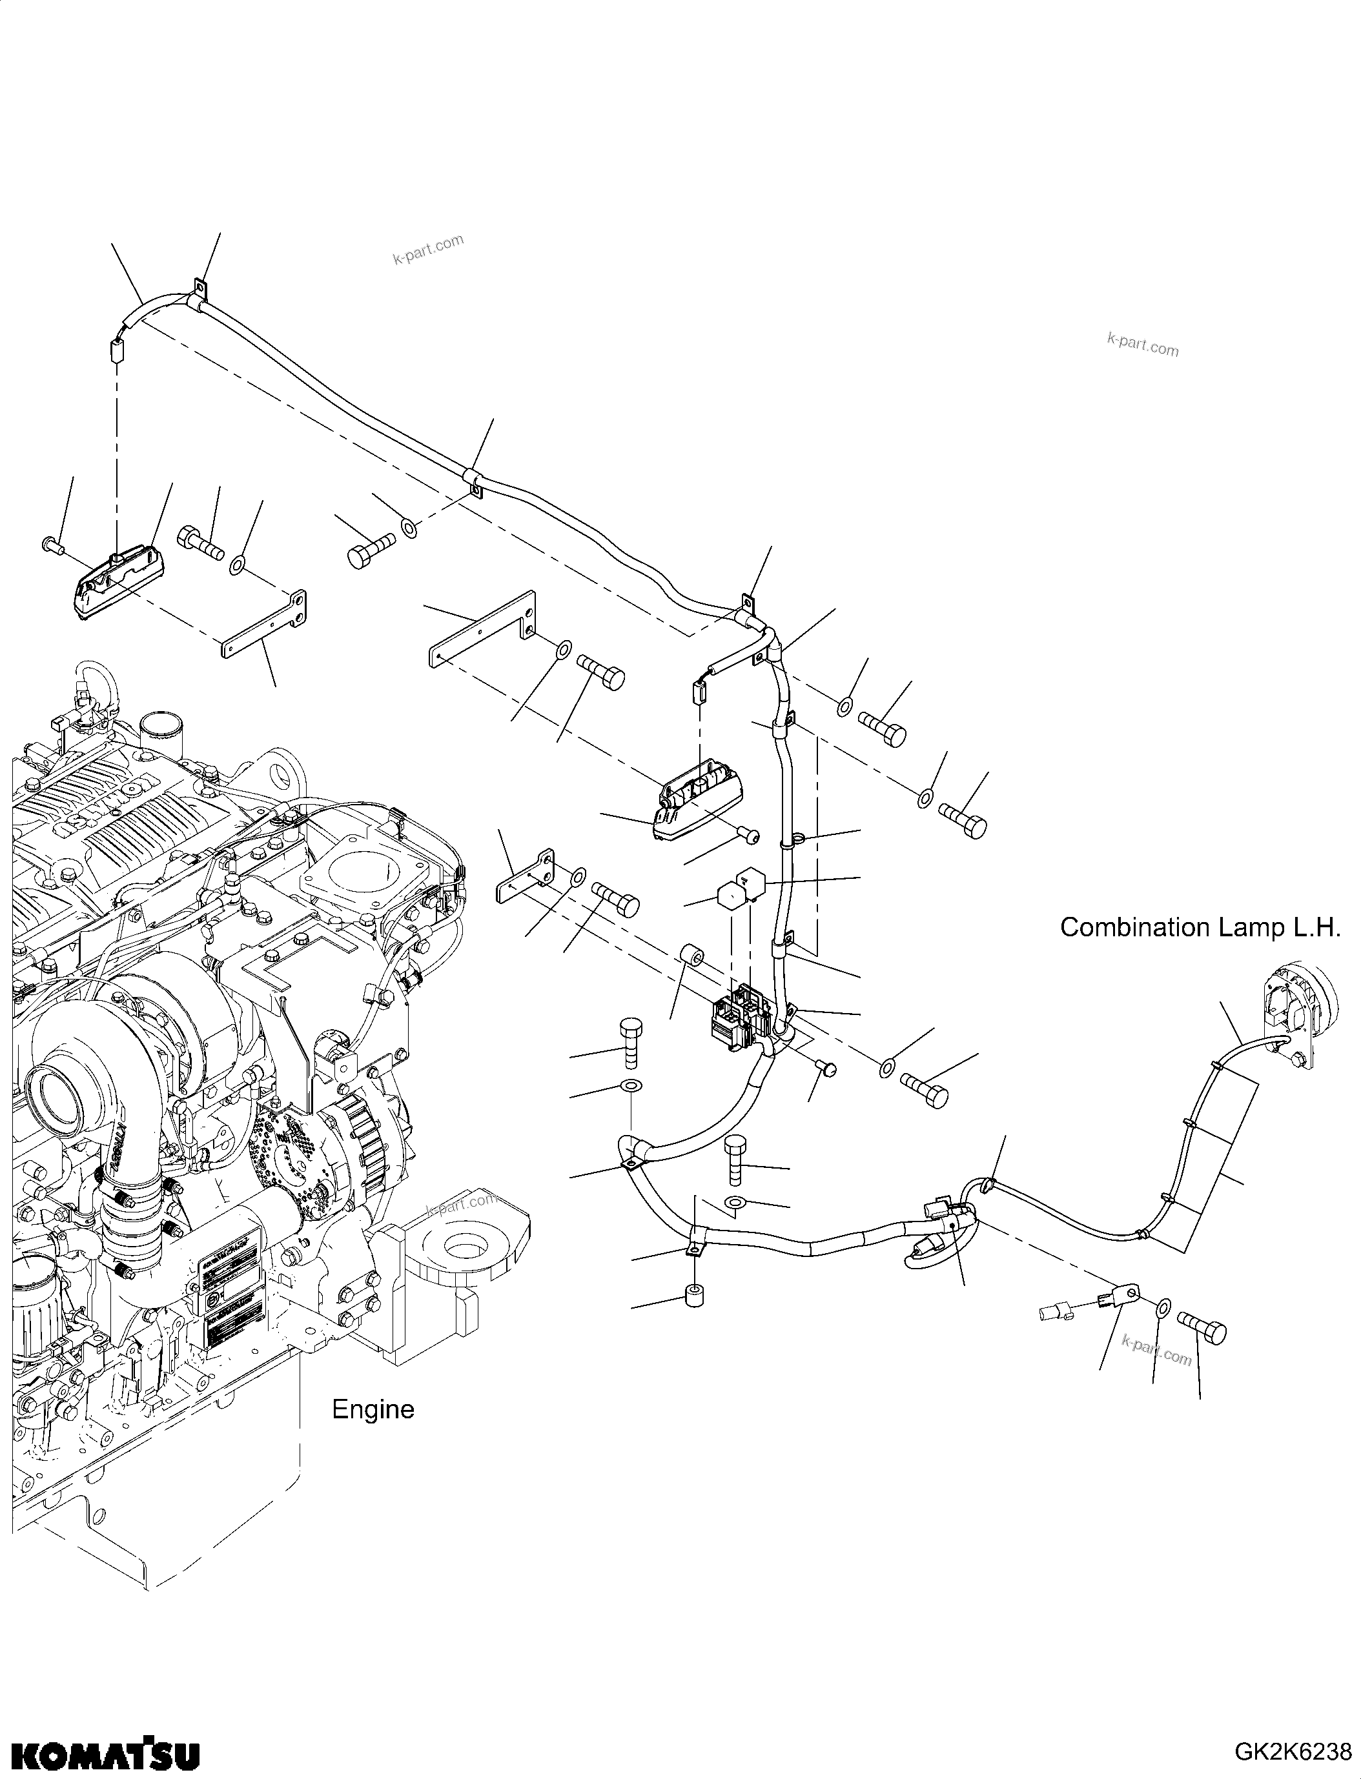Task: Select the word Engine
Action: (373, 1410)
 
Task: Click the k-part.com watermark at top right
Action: (1142, 346)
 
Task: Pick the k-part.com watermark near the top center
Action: (428, 250)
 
